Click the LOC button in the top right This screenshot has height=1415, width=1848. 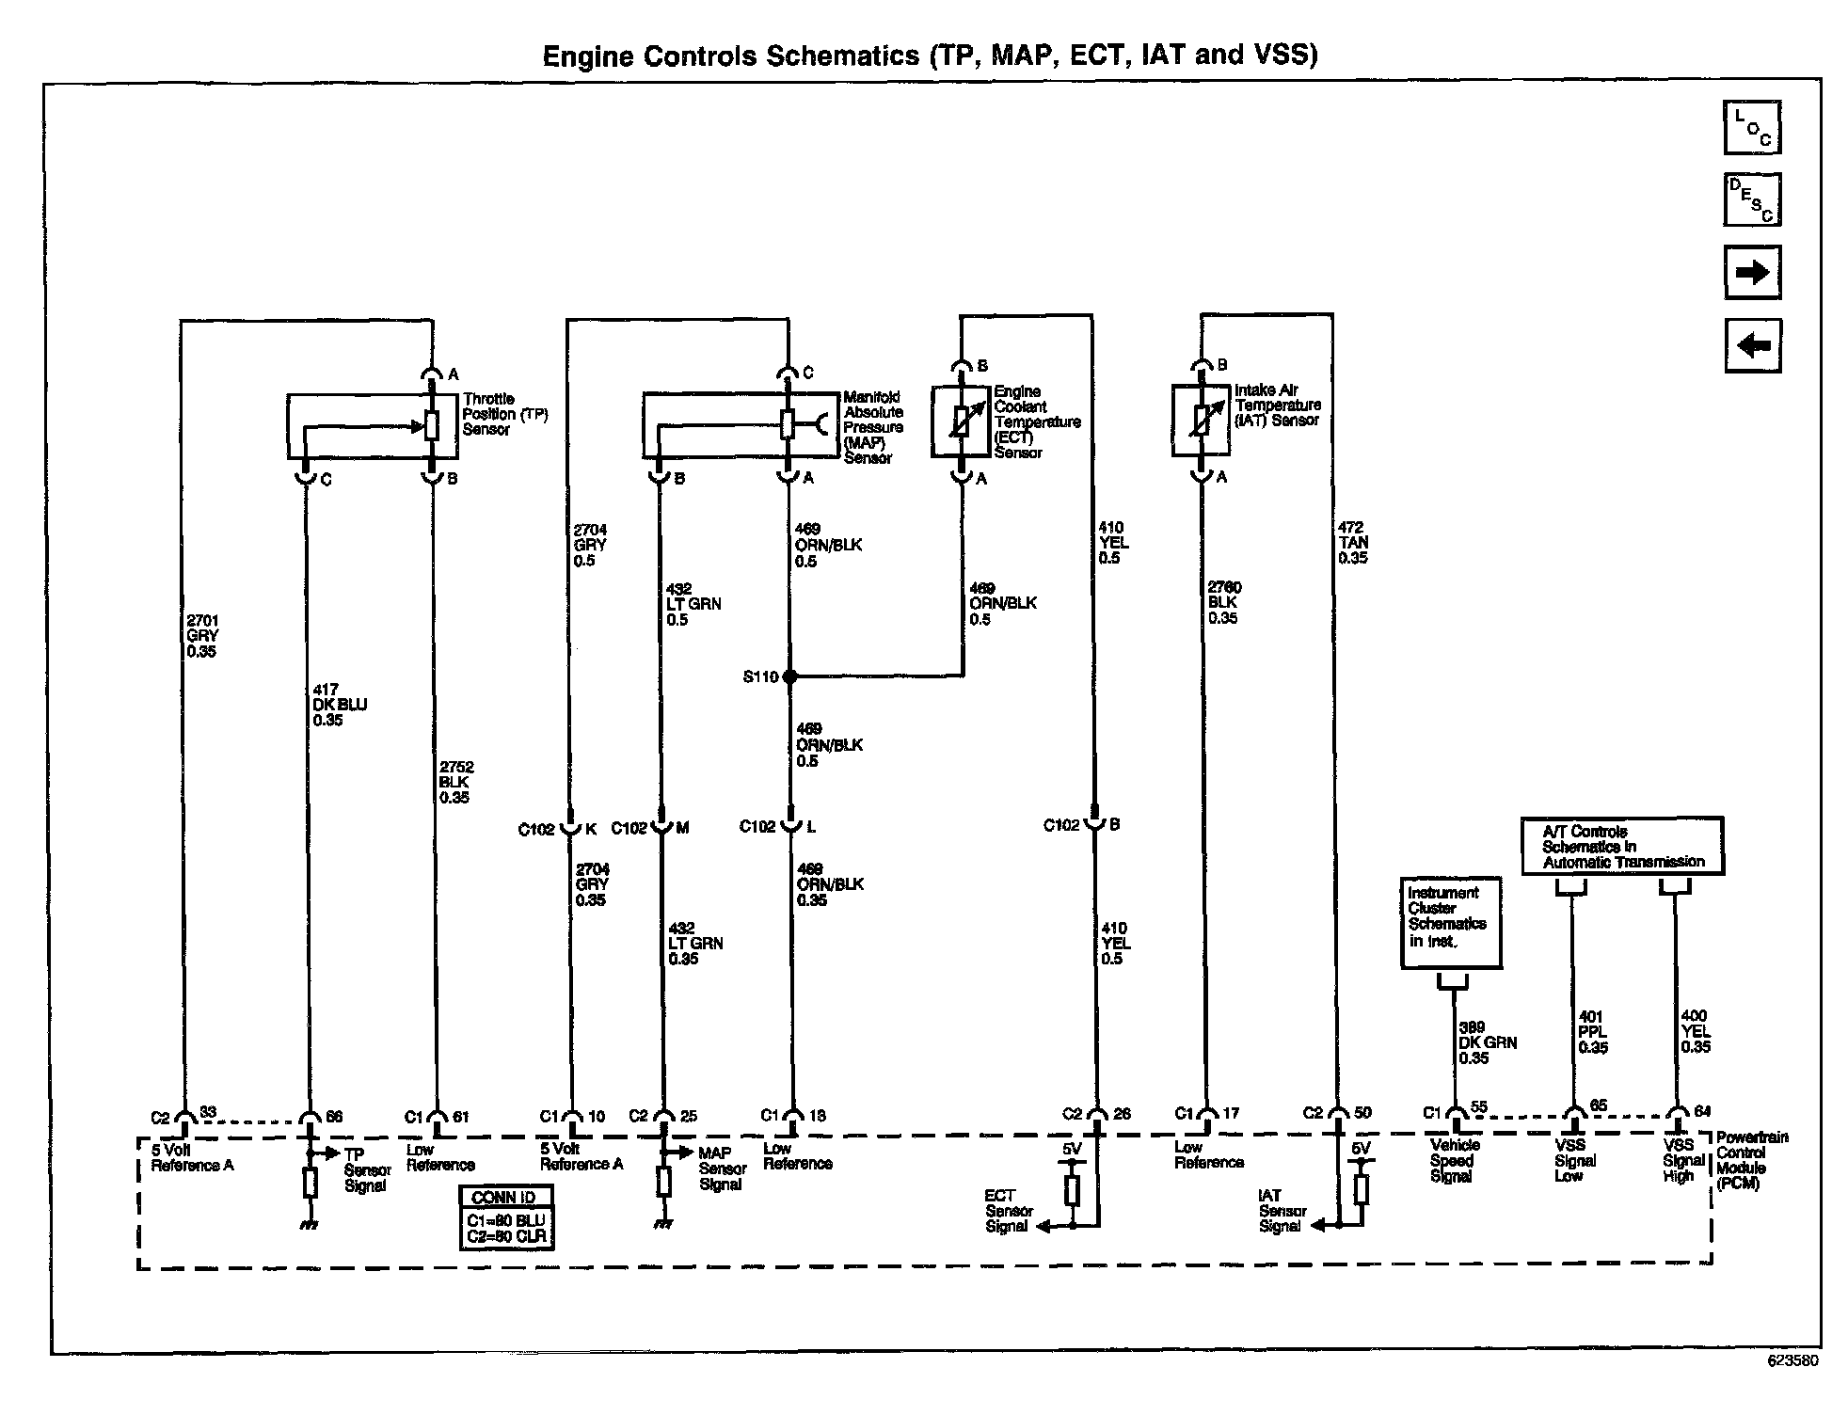(1752, 127)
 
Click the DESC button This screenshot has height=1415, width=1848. (1752, 199)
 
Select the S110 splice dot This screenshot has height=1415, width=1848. (789, 676)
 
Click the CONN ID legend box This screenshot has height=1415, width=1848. (505, 1216)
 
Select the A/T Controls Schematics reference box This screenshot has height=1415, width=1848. (1622, 847)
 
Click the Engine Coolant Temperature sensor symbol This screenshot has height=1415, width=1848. (961, 421)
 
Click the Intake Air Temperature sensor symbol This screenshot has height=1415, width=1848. (1201, 421)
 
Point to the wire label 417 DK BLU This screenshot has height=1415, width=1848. (339, 705)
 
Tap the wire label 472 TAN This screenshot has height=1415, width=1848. (1353, 543)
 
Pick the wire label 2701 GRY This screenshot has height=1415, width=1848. (201, 636)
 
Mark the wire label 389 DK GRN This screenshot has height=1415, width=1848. (1487, 1042)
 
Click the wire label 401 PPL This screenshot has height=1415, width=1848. (1592, 1031)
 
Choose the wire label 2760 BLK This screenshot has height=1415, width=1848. (1223, 602)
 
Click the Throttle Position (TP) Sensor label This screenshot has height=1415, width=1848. (504, 414)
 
